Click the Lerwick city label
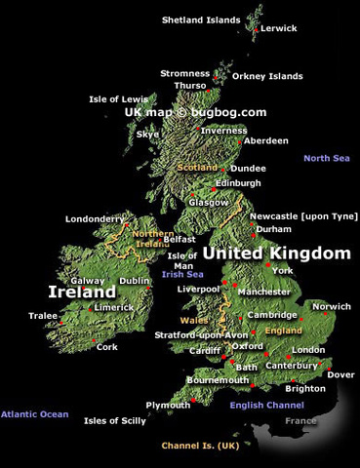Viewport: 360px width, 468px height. click(x=279, y=28)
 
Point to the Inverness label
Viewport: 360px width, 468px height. click(x=224, y=130)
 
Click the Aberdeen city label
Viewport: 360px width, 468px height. click(x=265, y=140)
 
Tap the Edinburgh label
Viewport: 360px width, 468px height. click(x=238, y=182)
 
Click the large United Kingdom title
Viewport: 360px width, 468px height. click(x=275, y=253)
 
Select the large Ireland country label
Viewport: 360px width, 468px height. click(x=83, y=292)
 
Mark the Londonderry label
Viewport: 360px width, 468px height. click(x=96, y=219)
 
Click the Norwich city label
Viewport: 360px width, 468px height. click(x=332, y=306)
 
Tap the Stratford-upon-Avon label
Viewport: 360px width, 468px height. click(x=202, y=335)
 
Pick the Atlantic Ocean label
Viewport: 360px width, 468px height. click(x=34, y=414)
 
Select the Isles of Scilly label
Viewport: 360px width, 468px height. click(x=114, y=420)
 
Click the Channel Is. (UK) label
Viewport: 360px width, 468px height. click(x=200, y=446)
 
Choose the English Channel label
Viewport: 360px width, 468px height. click(x=266, y=405)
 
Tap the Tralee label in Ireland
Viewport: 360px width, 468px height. click(x=43, y=315)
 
